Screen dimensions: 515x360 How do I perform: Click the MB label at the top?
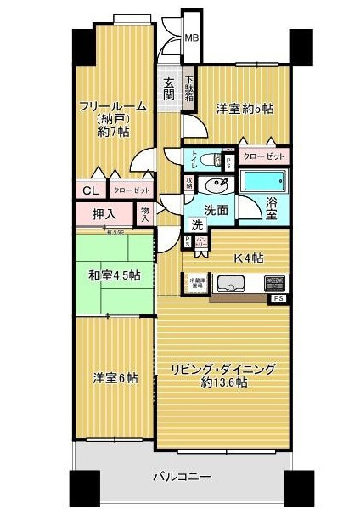click(192, 38)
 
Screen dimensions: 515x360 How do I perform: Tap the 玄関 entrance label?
click(168, 88)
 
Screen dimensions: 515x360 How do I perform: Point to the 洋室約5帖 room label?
click(245, 110)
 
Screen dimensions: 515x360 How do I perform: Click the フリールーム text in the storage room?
click(113, 106)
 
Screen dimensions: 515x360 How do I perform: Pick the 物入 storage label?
click(145, 212)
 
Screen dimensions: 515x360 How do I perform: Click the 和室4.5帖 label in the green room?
click(113, 274)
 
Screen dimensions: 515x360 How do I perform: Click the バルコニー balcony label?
click(182, 478)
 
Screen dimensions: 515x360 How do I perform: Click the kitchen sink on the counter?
click(230, 284)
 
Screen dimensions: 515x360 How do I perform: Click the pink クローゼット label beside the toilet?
click(264, 157)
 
